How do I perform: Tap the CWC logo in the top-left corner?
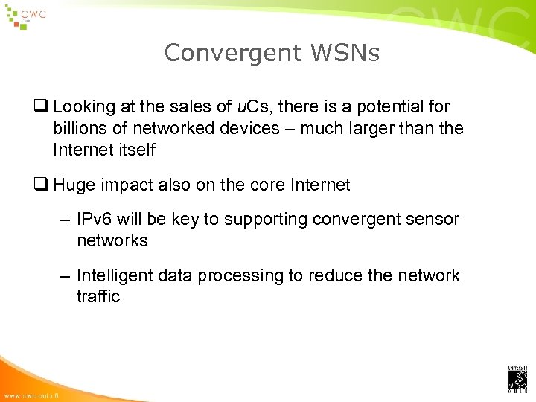pos(26,16)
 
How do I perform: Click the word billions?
pos(80,128)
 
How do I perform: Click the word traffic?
pos(98,296)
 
